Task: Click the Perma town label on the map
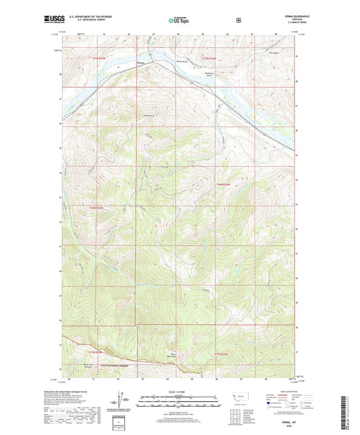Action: pyautogui.click(x=140, y=63)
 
